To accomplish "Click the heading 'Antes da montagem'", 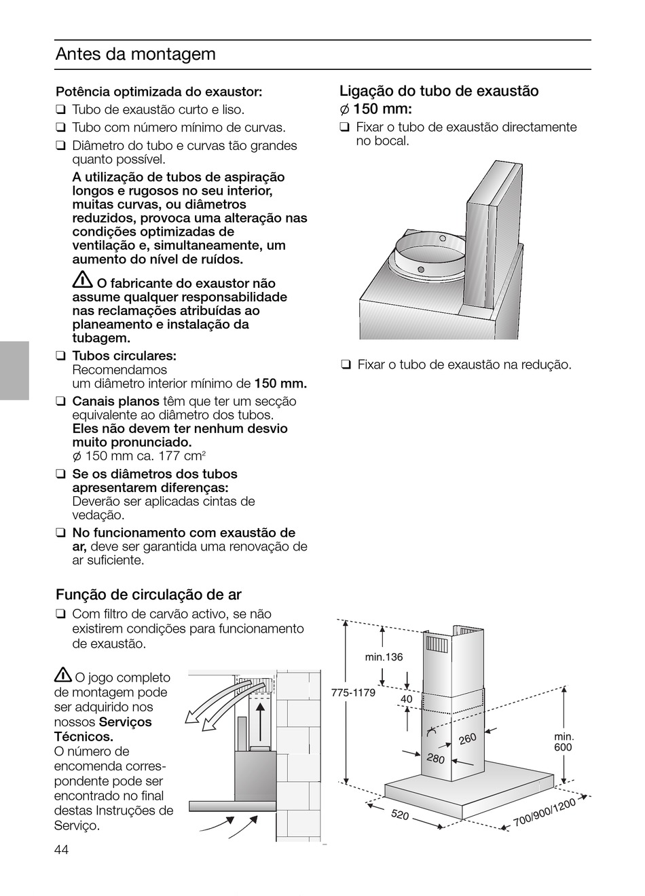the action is pyautogui.click(x=135, y=54).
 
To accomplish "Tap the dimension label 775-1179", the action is pyautogui.click(x=353, y=692).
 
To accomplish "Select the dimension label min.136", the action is pyautogui.click(x=384, y=657).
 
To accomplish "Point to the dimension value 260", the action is pyautogui.click(x=468, y=739).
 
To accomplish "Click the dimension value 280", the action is pyautogui.click(x=436, y=758).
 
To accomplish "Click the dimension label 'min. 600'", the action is pyautogui.click(x=564, y=742).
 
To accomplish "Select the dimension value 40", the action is pyautogui.click(x=406, y=698).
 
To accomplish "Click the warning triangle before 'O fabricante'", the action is pyautogui.click(x=82, y=280).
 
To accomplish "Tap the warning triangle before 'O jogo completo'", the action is pyautogui.click(x=63, y=675).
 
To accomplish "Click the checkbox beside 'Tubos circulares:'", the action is pyautogui.click(x=60, y=355).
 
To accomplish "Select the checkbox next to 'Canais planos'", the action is pyautogui.click(x=60, y=400).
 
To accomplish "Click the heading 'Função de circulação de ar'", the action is pyautogui.click(x=149, y=595).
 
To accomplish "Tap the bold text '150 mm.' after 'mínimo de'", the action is pyautogui.click(x=280, y=384).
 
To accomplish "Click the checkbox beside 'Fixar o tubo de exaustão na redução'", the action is pyautogui.click(x=346, y=365).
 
